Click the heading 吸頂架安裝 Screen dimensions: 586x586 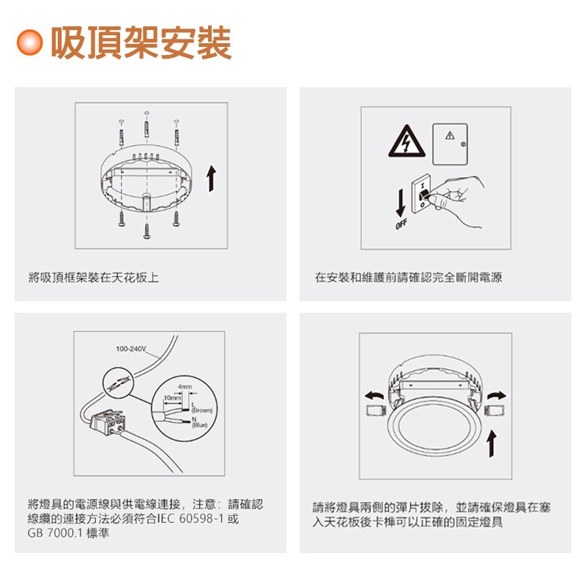[x=141, y=42]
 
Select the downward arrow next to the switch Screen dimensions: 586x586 [x=400, y=200]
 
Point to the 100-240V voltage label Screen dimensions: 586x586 [x=131, y=348]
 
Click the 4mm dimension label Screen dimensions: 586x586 [x=184, y=385]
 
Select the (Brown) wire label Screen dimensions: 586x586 [x=201, y=411]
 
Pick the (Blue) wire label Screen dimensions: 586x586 [x=200, y=424]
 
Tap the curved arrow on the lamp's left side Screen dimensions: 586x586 [x=374, y=396]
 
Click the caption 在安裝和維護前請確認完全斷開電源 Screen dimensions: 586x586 [x=408, y=278]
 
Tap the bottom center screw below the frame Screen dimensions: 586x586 [x=147, y=231]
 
